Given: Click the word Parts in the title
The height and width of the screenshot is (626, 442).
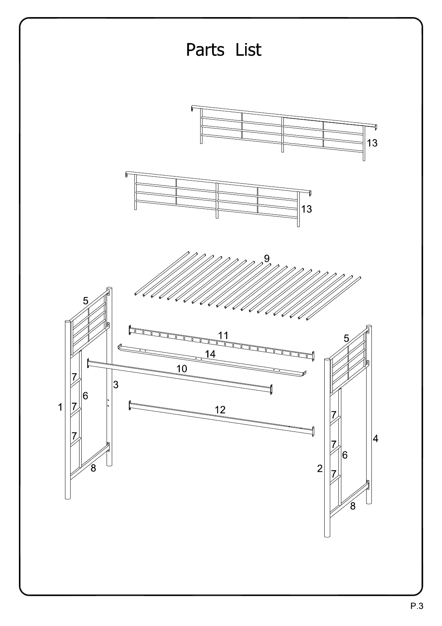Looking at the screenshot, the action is (x=205, y=50).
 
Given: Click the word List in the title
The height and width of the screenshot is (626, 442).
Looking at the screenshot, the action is (x=248, y=50).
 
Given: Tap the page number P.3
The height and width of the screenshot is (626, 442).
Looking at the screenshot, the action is (x=417, y=607).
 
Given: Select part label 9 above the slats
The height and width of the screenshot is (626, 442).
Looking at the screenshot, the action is (x=266, y=259).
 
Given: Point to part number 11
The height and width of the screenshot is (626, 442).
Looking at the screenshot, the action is (x=223, y=336).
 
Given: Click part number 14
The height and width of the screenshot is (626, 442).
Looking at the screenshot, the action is (x=210, y=354).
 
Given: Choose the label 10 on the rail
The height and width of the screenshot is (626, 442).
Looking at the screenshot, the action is (x=182, y=369).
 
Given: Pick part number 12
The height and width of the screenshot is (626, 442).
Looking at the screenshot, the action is (x=220, y=410).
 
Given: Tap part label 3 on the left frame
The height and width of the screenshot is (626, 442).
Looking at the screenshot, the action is (x=116, y=385).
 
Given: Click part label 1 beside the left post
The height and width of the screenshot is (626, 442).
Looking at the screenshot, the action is (x=60, y=407).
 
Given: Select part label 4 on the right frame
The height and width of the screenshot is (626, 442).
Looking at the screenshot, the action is (x=376, y=439).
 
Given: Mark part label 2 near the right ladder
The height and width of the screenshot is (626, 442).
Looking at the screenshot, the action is (x=320, y=469).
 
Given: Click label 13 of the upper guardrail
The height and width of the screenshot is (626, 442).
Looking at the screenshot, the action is (x=372, y=143).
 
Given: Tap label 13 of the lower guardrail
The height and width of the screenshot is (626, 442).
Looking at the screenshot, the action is (x=306, y=209).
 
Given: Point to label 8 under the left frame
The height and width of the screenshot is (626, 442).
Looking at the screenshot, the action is (x=93, y=469).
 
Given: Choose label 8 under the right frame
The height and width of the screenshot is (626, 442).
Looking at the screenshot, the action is (x=352, y=506).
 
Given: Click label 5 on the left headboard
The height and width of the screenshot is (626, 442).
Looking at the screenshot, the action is (x=86, y=301).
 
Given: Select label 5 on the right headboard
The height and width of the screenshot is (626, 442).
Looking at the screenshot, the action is (x=346, y=339).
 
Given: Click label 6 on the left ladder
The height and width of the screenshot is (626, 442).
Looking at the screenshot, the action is (x=85, y=396).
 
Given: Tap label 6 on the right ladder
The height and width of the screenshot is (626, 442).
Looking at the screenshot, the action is (x=345, y=455).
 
